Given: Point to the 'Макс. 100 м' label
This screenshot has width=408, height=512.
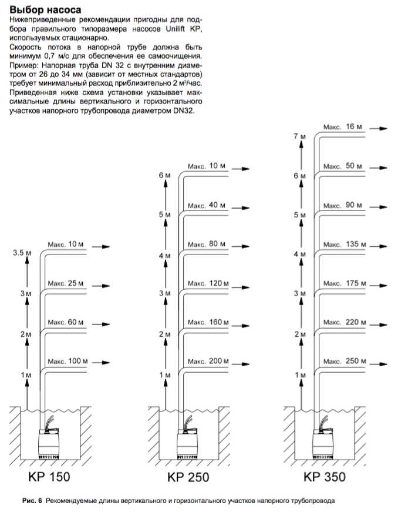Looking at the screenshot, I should [x=68, y=360].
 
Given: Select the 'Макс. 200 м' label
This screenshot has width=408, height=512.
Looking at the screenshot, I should [x=205, y=360].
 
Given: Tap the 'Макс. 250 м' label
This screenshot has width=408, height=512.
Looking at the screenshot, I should [x=343, y=360].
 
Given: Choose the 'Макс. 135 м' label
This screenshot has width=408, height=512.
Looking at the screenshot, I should [x=343, y=244].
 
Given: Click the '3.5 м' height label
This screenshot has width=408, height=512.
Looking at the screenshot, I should [x=21, y=253].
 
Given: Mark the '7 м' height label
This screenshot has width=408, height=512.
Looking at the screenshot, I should [x=299, y=136].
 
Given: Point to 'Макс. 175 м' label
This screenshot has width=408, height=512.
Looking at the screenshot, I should [x=343, y=283].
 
